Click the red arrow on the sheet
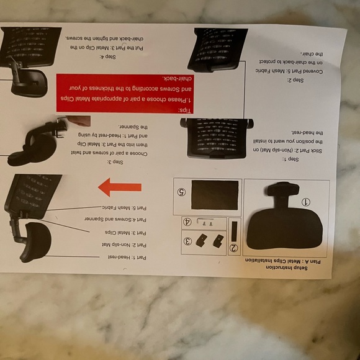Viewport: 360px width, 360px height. click(x=120, y=187)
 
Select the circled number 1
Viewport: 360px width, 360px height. click(x=305, y=202)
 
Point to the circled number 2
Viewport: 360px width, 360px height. click(x=233, y=248)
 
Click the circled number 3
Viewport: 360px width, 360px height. click(x=187, y=241)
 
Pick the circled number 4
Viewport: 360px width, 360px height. click(x=186, y=221)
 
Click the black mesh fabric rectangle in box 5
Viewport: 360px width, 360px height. click(x=215, y=195)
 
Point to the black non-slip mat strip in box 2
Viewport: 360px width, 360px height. click(x=233, y=230)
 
